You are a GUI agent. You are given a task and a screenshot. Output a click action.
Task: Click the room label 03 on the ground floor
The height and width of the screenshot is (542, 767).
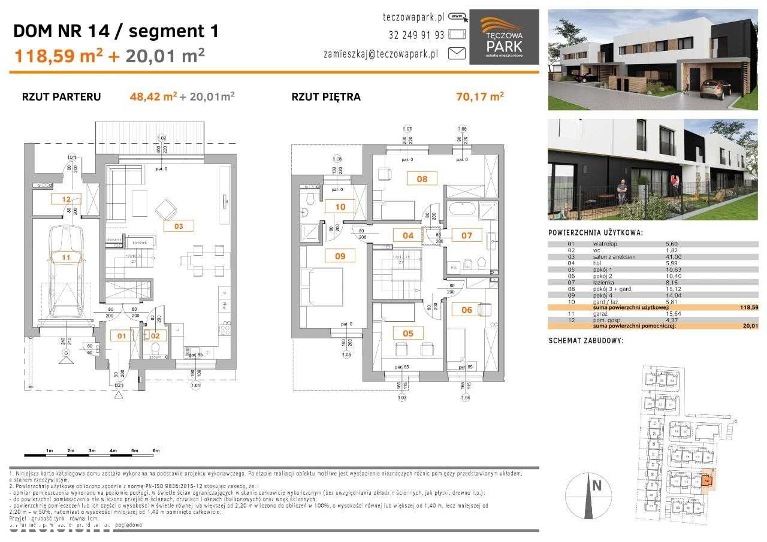coord(179,226)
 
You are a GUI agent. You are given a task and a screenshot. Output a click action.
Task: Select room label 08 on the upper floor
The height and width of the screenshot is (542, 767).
coord(422,178)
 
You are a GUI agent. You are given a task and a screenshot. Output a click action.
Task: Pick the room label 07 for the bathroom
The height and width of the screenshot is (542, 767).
coord(467,235)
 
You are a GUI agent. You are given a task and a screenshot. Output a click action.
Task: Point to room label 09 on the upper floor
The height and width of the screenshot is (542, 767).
coord(340,256)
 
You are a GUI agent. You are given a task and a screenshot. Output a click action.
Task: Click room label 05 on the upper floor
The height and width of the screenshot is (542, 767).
coord(408,333)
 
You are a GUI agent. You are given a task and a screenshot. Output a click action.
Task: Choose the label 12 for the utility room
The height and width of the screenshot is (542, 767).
coord(66,200)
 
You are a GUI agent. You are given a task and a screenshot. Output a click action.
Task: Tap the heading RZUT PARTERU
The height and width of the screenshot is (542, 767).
coord(61,96)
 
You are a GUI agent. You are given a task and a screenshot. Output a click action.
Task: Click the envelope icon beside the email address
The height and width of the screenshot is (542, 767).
coord(457,53)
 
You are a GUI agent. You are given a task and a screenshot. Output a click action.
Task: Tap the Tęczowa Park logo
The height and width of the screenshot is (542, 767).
coord(503,37)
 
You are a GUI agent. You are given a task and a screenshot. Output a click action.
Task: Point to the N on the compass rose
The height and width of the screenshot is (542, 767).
coord(596,486)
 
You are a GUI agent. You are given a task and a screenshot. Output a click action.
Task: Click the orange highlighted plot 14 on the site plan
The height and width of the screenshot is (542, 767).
coord(707,480)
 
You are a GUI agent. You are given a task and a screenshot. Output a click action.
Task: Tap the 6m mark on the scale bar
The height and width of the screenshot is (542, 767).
coord(156,450)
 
